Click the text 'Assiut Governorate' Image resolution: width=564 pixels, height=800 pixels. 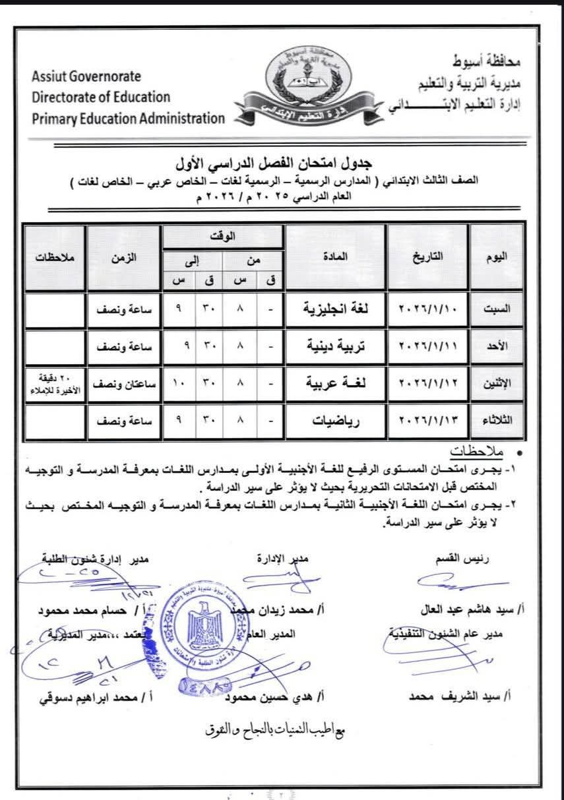coord(86,77)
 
